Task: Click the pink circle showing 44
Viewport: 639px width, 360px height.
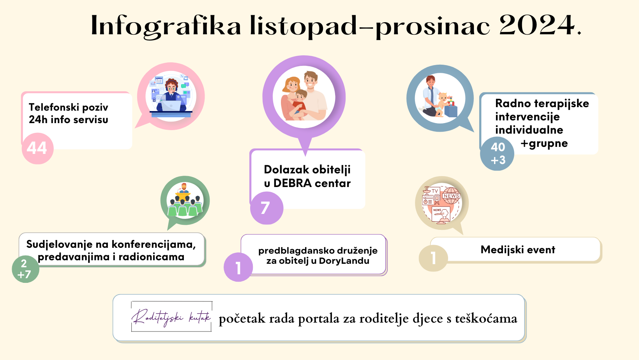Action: pos(38,148)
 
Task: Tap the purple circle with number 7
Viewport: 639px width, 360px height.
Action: pos(267,208)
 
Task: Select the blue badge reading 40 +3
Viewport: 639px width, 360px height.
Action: pos(497,154)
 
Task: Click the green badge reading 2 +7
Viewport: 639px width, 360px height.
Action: pos(25,269)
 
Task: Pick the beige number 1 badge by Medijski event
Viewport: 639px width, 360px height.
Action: pos(433,258)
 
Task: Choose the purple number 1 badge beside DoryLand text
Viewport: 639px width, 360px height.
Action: pos(238,267)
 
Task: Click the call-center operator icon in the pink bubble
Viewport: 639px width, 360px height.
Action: pos(171,96)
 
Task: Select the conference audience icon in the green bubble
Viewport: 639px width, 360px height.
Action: pos(185,200)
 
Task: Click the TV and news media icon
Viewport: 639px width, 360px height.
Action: pos(441,203)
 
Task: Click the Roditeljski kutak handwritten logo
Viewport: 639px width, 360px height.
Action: pos(171,316)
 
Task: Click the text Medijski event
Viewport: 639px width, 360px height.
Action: pos(518,250)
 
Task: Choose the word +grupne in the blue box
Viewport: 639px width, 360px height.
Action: pos(544,143)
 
